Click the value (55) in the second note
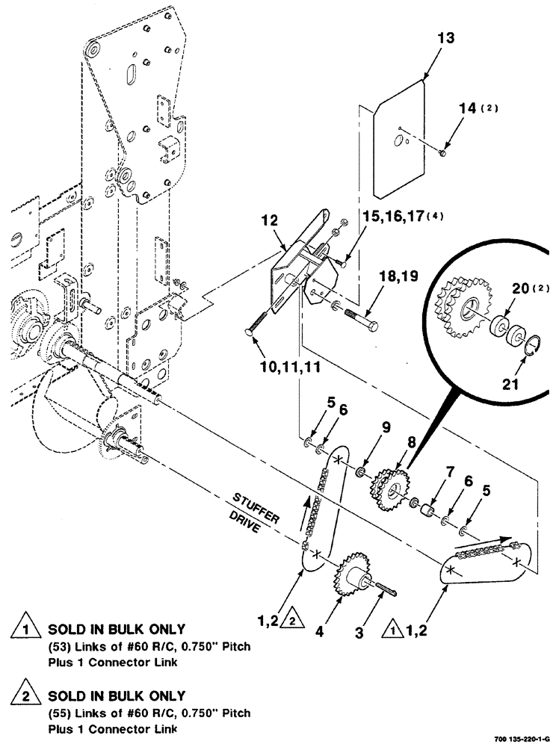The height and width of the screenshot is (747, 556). click(x=61, y=713)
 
